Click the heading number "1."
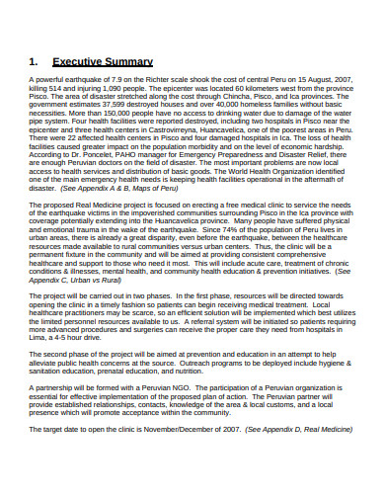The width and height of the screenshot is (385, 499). (34, 60)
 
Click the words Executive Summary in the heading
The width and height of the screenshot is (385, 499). (100, 60)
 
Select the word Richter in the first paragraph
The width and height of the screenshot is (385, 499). (175, 79)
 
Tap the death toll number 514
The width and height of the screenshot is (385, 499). (64, 87)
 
